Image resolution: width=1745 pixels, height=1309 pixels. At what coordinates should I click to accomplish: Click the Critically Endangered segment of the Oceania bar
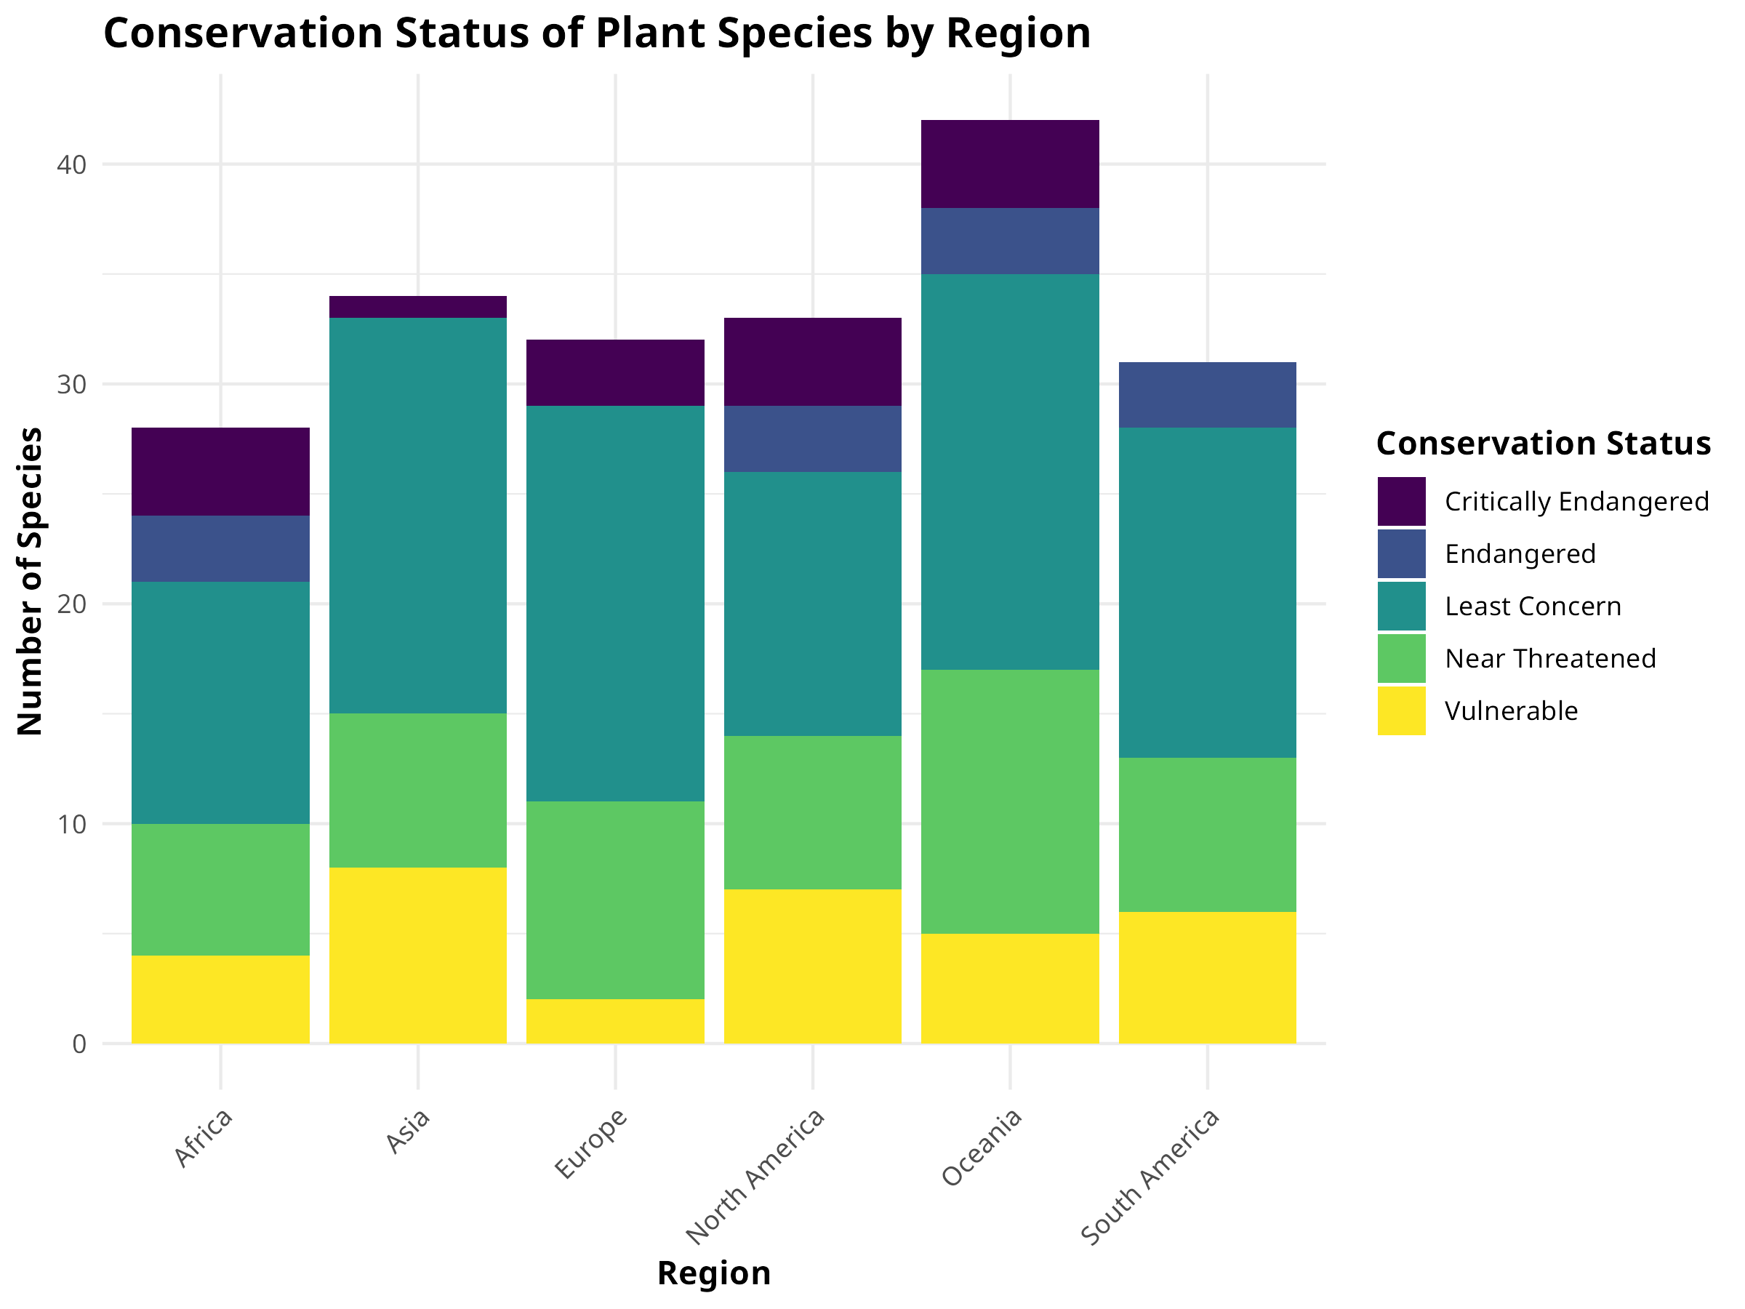coord(1010,164)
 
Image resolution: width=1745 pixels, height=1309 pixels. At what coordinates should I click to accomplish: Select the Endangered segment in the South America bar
coord(1207,394)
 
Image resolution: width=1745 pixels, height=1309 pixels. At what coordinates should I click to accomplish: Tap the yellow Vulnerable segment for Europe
coord(615,1021)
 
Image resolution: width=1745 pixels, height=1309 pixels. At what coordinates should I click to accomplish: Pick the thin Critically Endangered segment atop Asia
coord(417,307)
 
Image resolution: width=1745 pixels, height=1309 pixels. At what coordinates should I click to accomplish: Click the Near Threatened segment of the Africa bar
coord(220,889)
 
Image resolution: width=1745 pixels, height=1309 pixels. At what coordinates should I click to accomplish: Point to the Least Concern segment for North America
coord(813,604)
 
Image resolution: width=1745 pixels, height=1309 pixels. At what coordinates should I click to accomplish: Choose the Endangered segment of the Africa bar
coord(220,548)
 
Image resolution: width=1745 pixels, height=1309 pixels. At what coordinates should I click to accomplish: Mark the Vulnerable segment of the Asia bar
coord(417,955)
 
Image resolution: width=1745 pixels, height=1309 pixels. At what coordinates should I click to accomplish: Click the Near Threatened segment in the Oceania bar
coord(1010,801)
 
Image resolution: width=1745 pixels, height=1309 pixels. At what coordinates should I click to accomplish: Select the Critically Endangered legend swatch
coord(1401,501)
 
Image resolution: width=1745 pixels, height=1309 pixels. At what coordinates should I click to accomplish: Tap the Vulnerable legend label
coord(1511,711)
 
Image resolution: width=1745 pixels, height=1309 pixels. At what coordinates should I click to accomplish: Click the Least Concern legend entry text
coord(1532,606)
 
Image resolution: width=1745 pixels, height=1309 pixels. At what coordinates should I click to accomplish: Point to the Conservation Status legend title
coord(1542,444)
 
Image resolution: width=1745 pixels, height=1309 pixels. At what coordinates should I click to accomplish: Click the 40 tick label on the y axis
coord(72,165)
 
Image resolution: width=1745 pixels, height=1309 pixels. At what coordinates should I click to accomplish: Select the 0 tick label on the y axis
coord(79,1044)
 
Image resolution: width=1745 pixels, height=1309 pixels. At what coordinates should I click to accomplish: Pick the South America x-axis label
coord(1150,1177)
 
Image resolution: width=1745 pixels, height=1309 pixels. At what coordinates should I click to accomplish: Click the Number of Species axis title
coord(30,581)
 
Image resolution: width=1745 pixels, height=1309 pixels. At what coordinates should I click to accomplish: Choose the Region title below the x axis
coord(713,1274)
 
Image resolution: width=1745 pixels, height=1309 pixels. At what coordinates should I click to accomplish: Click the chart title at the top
coord(596,34)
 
